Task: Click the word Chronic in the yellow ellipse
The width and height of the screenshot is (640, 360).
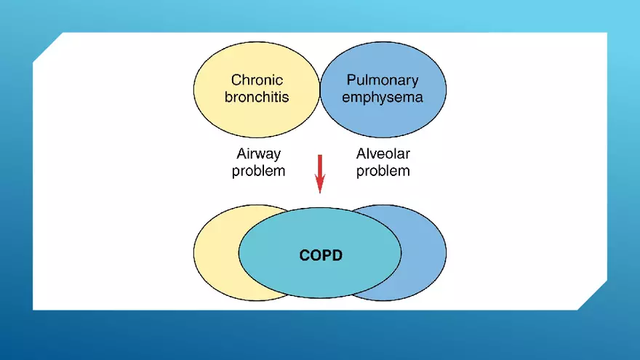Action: tap(257, 80)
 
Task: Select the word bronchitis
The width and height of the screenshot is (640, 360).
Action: tap(257, 97)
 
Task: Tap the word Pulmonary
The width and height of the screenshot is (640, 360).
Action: tap(383, 80)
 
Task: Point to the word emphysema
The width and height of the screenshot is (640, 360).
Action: tap(383, 97)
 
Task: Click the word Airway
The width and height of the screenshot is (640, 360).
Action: tap(258, 154)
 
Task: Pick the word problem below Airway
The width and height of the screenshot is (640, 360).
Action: tap(258, 171)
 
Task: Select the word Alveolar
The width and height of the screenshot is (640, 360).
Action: tap(383, 154)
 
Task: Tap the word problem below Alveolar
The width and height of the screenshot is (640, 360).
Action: tap(383, 171)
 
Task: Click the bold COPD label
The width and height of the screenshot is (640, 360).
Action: tap(321, 256)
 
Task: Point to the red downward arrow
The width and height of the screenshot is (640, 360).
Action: tap(319, 171)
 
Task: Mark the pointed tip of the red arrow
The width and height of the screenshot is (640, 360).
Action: tap(319, 192)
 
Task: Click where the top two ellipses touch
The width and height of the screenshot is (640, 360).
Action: tap(320, 93)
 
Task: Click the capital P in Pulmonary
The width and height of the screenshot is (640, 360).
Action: tap(351, 80)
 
